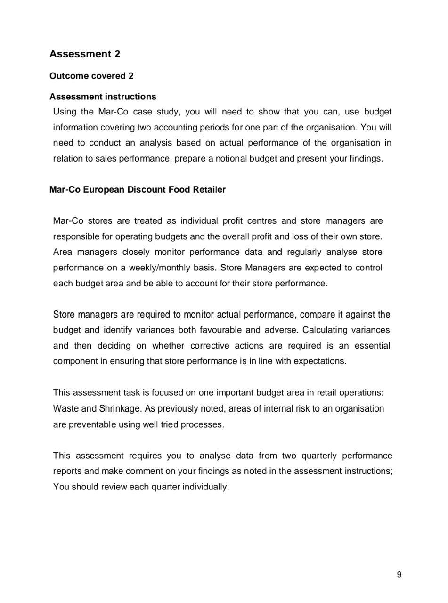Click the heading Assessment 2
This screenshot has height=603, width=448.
point(85,54)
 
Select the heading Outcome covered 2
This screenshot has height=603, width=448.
point(91,76)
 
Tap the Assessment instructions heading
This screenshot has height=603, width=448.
point(103,97)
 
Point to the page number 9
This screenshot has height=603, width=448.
point(399,574)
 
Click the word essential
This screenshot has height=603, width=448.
point(372,346)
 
